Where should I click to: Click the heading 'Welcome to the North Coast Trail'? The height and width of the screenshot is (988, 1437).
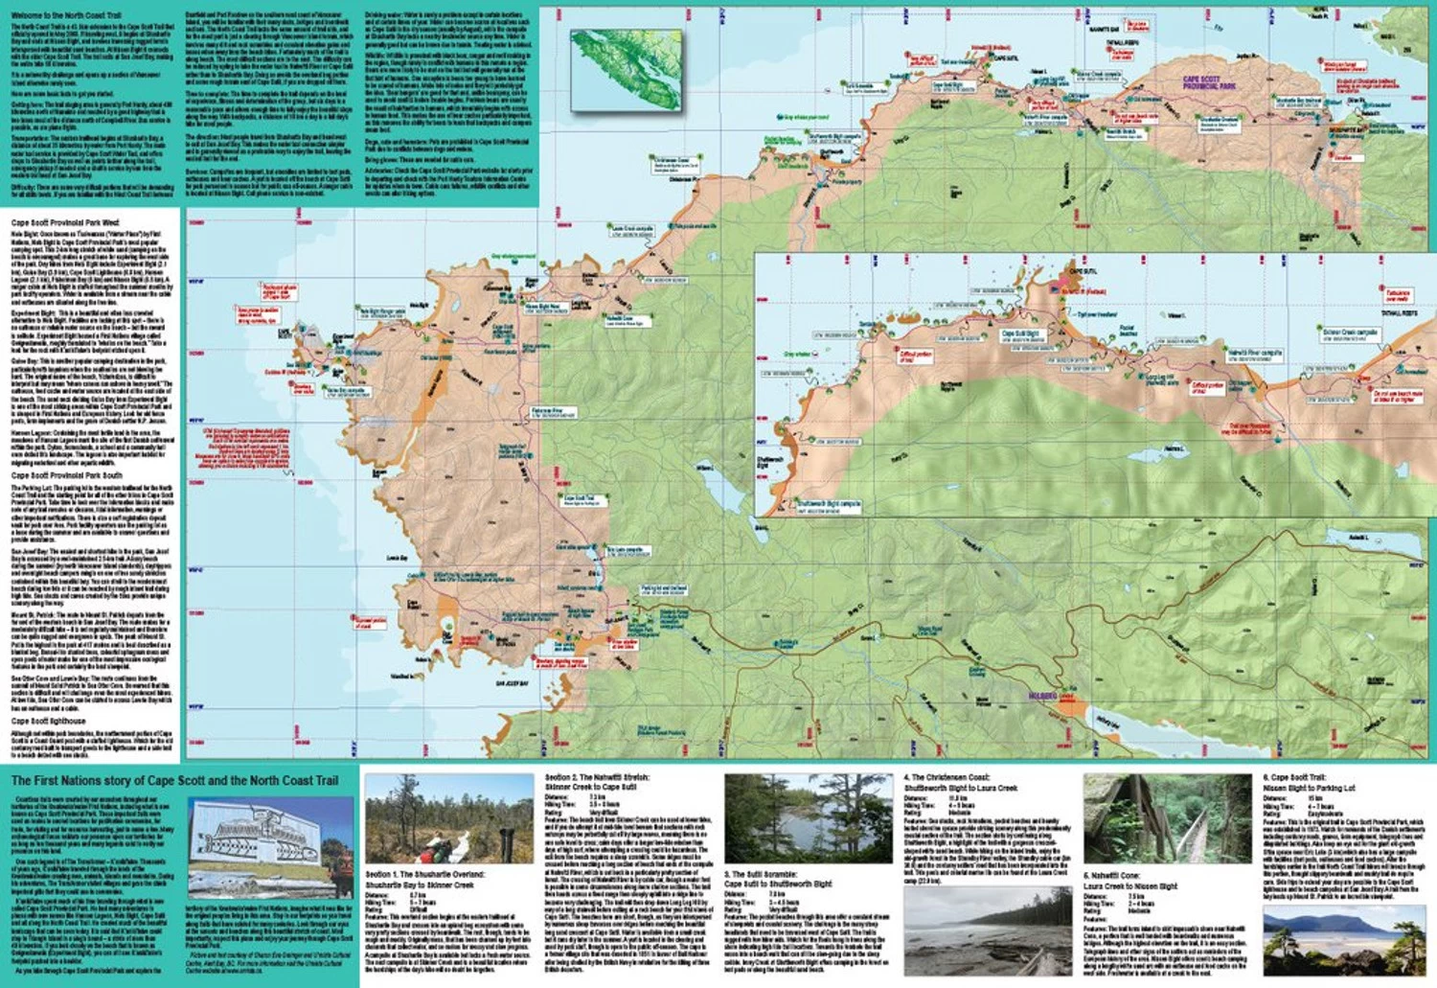[66, 16]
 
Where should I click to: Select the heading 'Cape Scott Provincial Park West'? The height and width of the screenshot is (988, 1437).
[65, 222]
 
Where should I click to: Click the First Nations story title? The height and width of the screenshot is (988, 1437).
[174, 781]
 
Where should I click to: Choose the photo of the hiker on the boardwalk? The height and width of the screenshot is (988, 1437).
[448, 817]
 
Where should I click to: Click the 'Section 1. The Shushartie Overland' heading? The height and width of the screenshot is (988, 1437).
[425, 875]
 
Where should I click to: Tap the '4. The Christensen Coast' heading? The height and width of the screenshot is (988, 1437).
[947, 777]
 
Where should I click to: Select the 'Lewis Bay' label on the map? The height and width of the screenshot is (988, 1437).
[398, 557]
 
